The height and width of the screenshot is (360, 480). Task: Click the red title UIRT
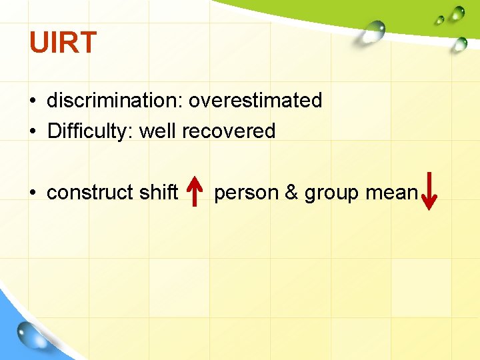(x=63, y=43)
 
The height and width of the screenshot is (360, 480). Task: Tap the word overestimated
(x=255, y=101)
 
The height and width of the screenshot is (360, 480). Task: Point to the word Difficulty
(x=90, y=131)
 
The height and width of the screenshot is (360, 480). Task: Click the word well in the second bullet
(x=158, y=131)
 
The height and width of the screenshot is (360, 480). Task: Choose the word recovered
(x=229, y=131)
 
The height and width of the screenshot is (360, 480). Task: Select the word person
(x=246, y=193)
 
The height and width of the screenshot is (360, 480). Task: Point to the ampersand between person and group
(x=291, y=193)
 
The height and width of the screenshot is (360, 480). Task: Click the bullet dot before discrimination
(x=32, y=101)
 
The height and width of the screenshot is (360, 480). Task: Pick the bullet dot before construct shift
(x=32, y=193)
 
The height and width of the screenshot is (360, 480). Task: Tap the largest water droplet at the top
(x=373, y=30)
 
